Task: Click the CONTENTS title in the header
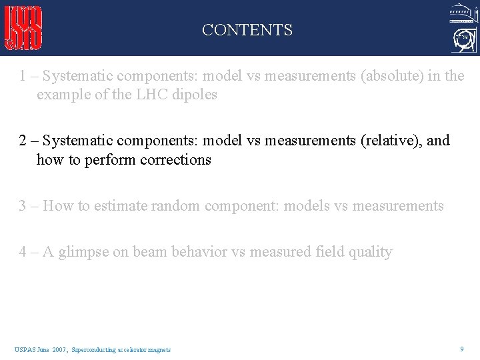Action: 247,30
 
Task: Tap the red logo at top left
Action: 24,28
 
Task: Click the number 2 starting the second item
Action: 23,141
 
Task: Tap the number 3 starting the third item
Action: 23,206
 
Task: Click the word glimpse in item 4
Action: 83,252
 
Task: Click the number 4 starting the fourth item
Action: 23,252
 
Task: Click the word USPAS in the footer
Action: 23,349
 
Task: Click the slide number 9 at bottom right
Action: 462,349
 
